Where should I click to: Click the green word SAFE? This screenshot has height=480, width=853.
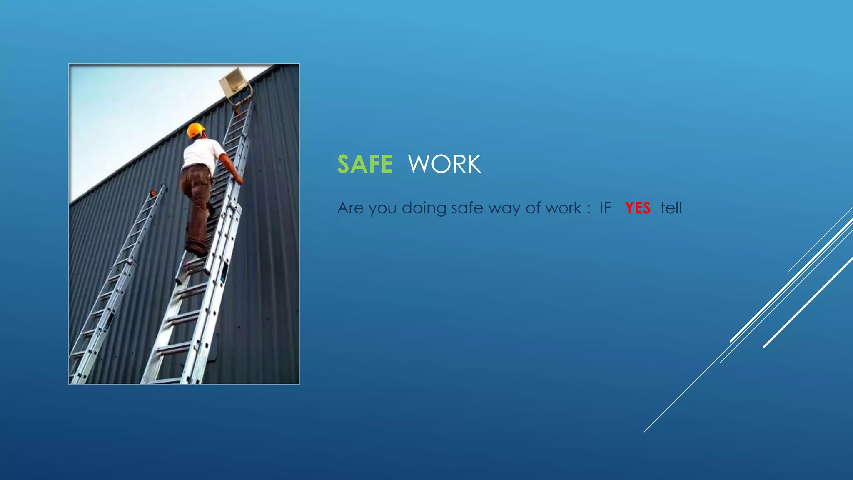(x=365, y=164)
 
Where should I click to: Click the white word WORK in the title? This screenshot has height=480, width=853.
(x=444, y=164)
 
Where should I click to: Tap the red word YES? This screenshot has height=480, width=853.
(x=637, y=208)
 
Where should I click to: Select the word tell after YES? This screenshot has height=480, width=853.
(x=671, y=208)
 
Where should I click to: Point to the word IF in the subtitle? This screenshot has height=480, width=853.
(x=605, y=208)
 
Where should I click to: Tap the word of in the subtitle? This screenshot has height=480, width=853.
(x=532, y=208)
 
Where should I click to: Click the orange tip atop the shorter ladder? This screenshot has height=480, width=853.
(x=153, y=193)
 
